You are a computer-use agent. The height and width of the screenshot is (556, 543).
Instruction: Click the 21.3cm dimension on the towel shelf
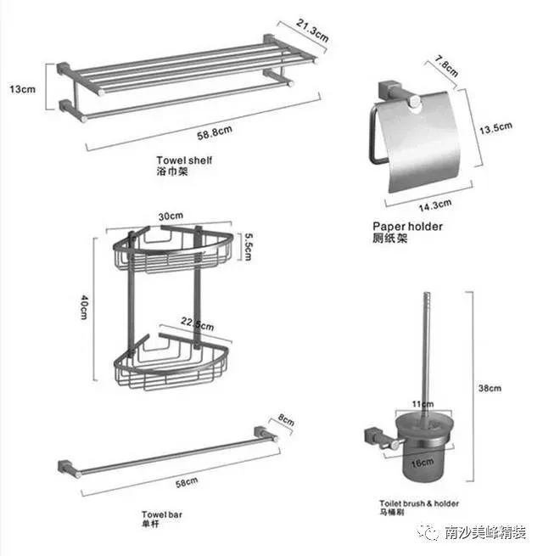pos(312,31)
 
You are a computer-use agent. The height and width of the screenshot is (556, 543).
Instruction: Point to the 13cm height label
pos(23,89)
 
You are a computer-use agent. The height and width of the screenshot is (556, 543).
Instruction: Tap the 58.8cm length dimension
pos(215,132)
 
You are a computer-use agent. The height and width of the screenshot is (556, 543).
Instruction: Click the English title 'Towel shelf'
pos(184,160)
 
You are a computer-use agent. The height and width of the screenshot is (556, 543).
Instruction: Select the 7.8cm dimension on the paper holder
pos(447,66)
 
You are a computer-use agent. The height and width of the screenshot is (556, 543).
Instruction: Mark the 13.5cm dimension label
pos(495,128)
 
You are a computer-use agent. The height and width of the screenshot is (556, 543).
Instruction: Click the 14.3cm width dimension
pos(435,205)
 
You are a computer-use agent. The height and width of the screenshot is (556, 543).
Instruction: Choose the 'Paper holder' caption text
pos(407,227)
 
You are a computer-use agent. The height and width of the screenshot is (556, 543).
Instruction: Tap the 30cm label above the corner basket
pos(171,216)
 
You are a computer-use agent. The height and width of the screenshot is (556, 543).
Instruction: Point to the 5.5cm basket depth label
pos(249,247)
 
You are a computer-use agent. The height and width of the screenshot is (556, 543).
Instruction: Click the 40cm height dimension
pos(84,307)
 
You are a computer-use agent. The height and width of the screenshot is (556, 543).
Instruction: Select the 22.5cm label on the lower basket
pos(198,323)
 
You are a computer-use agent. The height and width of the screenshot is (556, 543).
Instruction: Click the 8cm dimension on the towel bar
pos(286,419)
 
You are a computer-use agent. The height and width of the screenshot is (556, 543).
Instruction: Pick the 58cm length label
pos(187,483)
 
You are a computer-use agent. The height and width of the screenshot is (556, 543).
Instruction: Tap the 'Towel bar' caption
pos(162,514)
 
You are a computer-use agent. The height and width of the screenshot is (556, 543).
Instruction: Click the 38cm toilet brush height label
pos(490,388)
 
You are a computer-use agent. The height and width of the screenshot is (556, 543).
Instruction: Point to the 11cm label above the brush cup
pos(423,404)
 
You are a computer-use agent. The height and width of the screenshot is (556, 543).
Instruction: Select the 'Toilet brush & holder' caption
pos(419,503)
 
